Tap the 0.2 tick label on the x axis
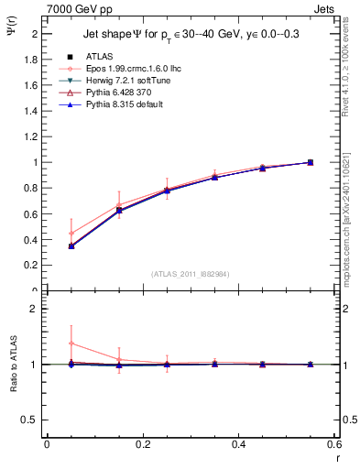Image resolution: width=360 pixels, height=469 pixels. (142, 444)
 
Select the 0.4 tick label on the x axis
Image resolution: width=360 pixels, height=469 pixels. (238, 444)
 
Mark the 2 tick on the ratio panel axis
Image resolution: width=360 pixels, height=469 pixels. (35, 309)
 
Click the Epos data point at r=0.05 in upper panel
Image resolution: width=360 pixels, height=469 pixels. (71, 233)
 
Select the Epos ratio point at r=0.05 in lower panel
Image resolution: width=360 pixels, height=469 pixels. (71, 344)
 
